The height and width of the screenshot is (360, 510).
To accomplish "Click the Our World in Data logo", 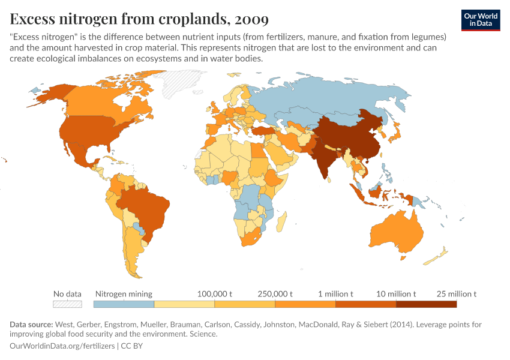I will (x=480, y=19).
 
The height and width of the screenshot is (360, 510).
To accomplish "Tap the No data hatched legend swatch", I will (x=67, y=304).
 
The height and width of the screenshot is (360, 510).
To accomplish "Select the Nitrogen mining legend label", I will (x=124, y=294).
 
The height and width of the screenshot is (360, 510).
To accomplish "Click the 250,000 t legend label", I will (x=275, y=294).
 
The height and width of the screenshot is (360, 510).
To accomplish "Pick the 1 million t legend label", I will (x=335, y=294).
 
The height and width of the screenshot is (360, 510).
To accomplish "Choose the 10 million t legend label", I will (x=395, y=294).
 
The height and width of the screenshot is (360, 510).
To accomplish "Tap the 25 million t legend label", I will (x=456, y=294).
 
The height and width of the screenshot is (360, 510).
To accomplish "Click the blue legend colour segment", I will (x=124, y=304).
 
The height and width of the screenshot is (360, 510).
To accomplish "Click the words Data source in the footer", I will (x=30, y=325).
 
